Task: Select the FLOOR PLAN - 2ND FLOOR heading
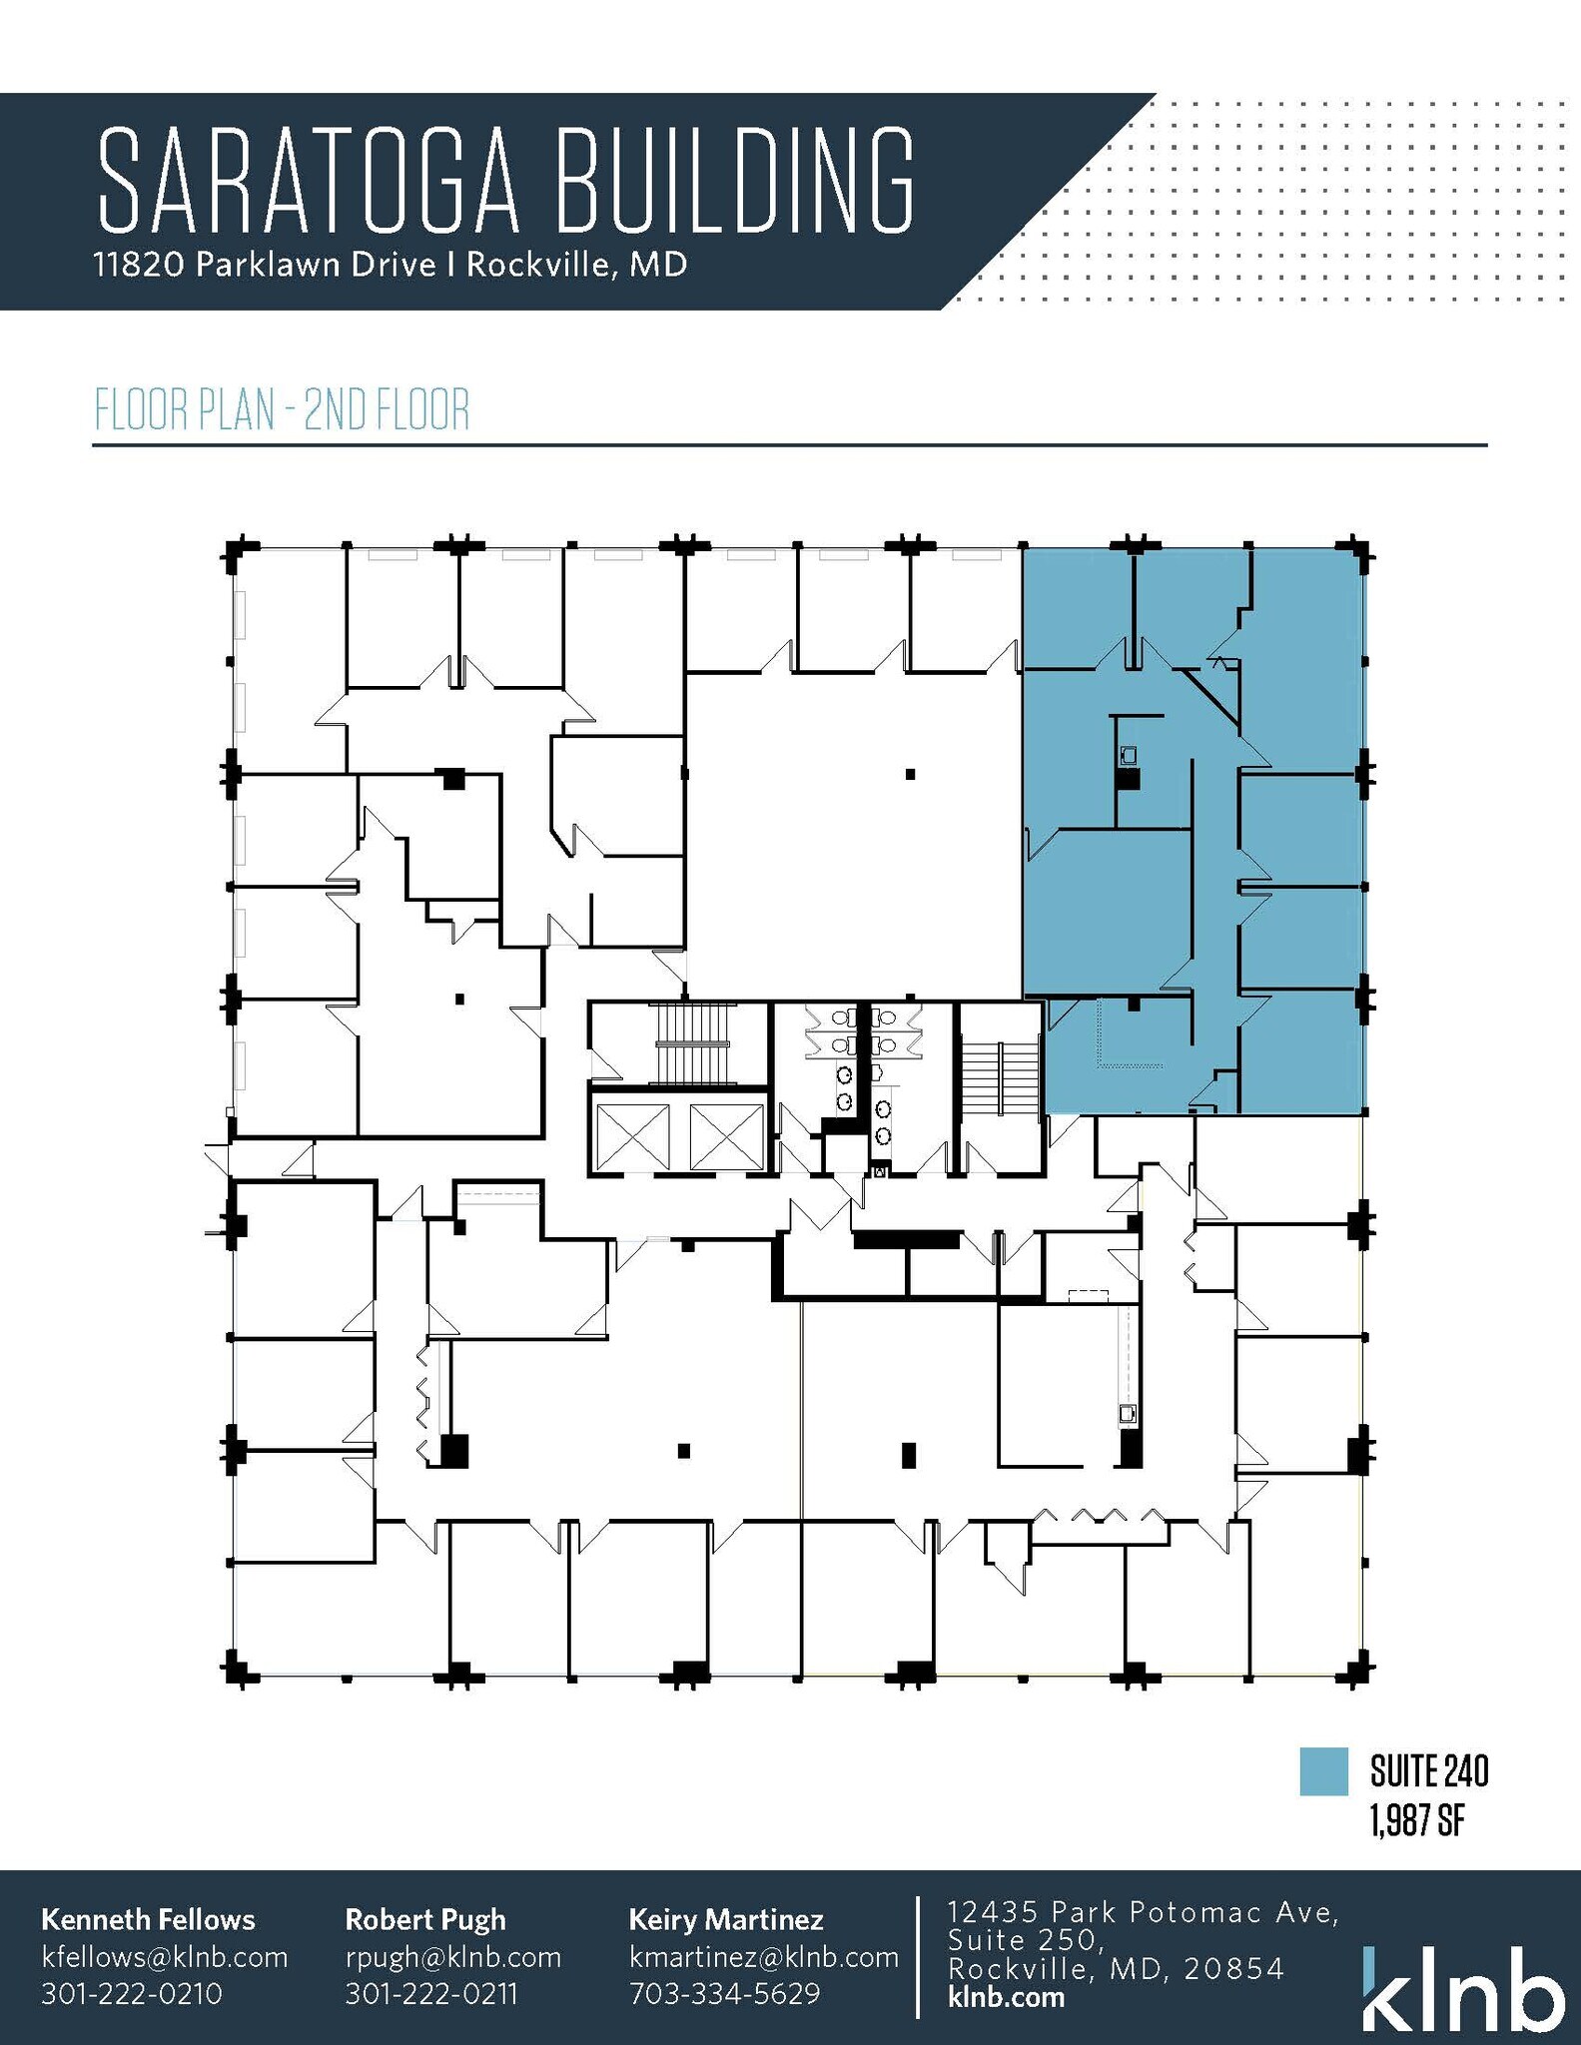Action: tap(282, 409)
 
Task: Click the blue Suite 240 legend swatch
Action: tap(1323, 1771)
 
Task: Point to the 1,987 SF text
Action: tap(1416, 1821)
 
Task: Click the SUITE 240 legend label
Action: tap(1429, 1771)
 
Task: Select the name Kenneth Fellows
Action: tap(148, 1919)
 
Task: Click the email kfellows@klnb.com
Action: tap(164, 1956)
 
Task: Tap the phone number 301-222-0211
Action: tap(431, 1993)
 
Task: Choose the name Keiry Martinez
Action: tap(726, 1919)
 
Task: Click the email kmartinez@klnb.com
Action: tap(764, 1956)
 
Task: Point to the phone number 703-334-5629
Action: tap(725, 1993)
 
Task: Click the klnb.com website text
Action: tap(1006, 1997)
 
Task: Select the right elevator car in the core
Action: tap(726, 1136)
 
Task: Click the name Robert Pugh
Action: tap(425, 1919)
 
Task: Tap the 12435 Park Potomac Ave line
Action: tap(1143, 1912)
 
